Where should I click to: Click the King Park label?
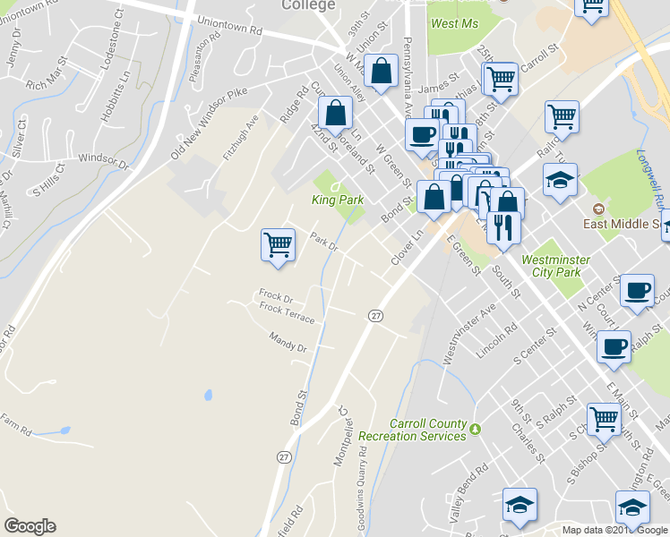(x=339, y=200)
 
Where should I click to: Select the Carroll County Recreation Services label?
(x=412, y=430)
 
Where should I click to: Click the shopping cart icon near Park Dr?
(x=278, y=244)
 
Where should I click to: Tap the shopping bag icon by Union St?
(x=381, y=72)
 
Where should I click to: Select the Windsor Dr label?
(x=105, y=158)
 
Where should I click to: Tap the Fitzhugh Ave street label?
(x=240, y=137)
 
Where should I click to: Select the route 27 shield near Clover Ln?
(x=375, y=315)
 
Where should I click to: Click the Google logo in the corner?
(x=30, y=526)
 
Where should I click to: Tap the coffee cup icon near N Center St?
(x=637, y=291)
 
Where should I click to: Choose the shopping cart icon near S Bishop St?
(x=604, y=418)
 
